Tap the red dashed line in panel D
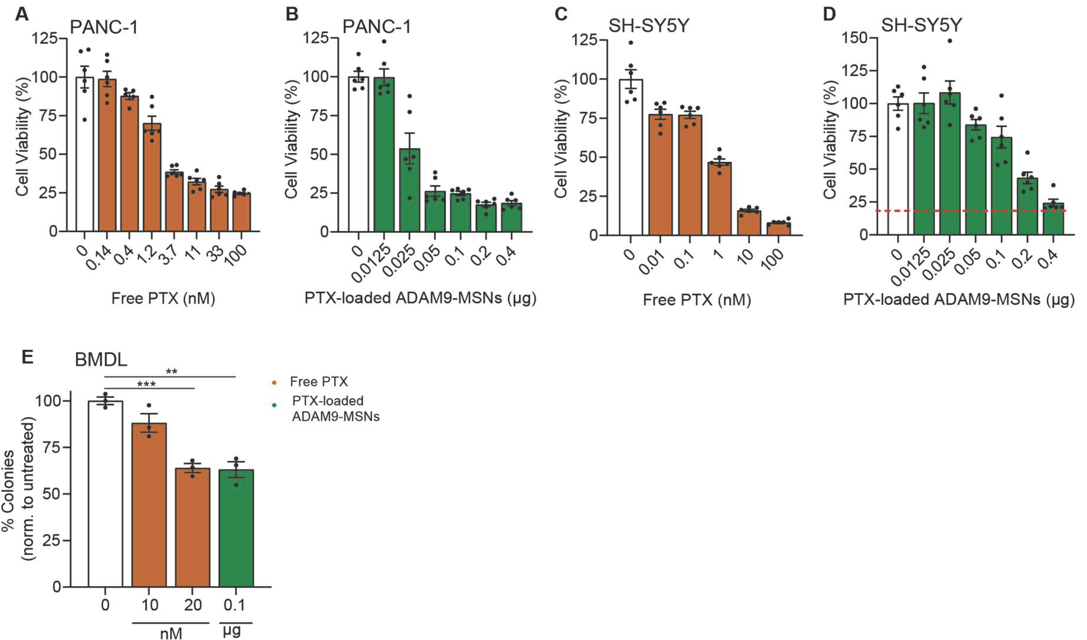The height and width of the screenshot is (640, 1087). pos(970,211)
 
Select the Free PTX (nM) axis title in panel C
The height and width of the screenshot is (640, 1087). pos(697,300)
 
